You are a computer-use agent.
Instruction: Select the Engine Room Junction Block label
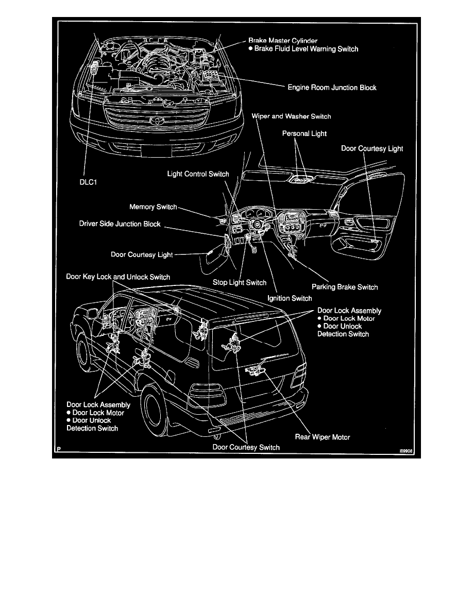coord(332,88)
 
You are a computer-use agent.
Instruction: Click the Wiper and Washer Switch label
coord(291,116)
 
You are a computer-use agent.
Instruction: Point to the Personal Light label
coord(305,133)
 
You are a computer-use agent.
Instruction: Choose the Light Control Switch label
coord(198,174)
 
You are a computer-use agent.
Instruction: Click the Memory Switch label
coord(153,207)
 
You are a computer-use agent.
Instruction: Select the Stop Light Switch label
coord(240,282)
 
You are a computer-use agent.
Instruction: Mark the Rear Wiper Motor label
coord(323,437)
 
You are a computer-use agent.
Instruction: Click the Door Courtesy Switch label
coord(246,447)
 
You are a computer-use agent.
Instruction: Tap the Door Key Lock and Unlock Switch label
coord(119,277)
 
